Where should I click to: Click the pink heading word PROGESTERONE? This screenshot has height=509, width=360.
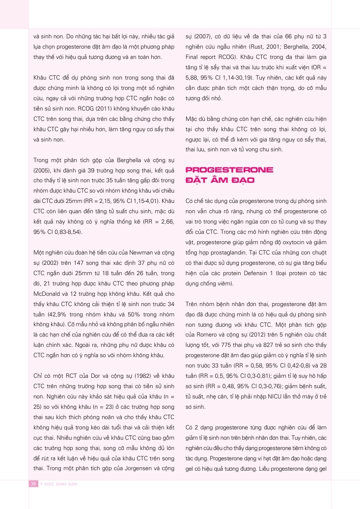[x=229, y=170]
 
